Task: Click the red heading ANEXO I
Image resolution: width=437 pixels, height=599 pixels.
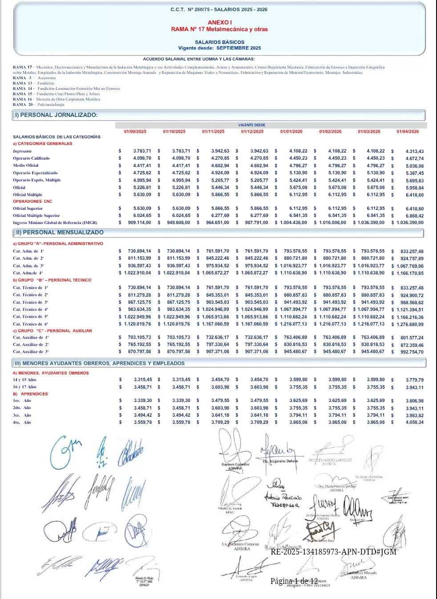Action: coord(219,22)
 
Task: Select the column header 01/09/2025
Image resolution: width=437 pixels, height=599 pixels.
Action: coord(135,132)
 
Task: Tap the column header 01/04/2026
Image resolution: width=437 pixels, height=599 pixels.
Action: coord(408,132)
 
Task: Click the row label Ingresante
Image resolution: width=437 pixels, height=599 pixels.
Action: coord(22,151)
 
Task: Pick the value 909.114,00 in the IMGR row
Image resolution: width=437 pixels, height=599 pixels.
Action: coord(139,223)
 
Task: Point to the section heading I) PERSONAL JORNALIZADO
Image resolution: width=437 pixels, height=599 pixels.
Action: coord(56,115)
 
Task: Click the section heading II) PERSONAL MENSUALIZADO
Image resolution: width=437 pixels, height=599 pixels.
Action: coord(60,233)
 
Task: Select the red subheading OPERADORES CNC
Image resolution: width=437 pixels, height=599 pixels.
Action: coord(32,201)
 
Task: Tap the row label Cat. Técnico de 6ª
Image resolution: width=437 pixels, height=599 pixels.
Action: coord(30,324)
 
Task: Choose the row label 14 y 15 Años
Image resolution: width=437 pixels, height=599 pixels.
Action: coord(24,380)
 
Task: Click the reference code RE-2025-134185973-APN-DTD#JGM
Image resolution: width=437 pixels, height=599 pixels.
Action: coord(333,552)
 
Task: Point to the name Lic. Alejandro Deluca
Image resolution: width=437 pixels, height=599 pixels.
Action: coord(280,462)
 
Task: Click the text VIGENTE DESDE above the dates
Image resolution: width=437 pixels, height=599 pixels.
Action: coord(252,125)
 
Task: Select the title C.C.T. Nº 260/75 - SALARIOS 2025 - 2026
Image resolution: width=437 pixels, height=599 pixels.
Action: coord(219,9)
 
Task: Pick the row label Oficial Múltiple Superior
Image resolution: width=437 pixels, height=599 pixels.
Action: coord(36,216)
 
